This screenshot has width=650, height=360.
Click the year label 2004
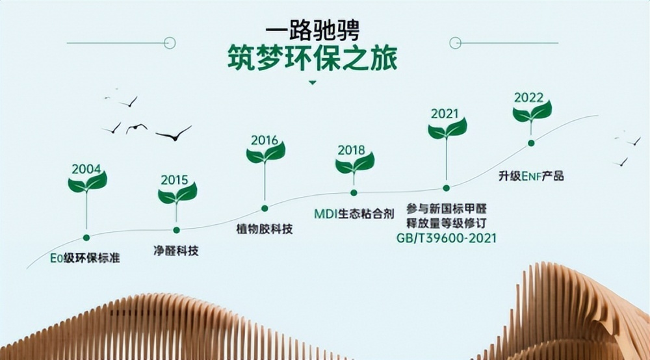tap(86, 169)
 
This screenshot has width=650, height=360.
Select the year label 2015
tap(174, 180)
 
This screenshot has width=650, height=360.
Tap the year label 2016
tap(265, 140)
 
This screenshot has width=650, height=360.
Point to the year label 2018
tap(351, 150)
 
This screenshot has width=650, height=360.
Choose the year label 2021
tap(445, 114)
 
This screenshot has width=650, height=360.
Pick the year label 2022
tap(529, 97)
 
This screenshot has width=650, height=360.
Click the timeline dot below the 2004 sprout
tap(86, 237)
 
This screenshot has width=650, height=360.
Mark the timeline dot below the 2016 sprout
tap(265, 209)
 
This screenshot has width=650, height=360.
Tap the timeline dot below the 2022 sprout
tap(531, 143)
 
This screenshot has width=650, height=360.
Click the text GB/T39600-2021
tap(447, 238)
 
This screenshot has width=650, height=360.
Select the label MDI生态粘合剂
tap(354, 214)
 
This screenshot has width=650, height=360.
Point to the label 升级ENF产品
tap(531, 176)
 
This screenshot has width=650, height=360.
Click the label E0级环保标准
tap(85, 258)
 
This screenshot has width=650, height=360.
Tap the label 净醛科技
tap(175, 251)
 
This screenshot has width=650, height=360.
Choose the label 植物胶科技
tap(265, 229)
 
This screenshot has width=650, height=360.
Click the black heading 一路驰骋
tap(313, 31)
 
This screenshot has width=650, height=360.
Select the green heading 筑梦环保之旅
tap(313, 58)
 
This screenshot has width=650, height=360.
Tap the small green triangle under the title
tap(313, 83)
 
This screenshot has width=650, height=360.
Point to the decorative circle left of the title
tap(170, 43)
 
